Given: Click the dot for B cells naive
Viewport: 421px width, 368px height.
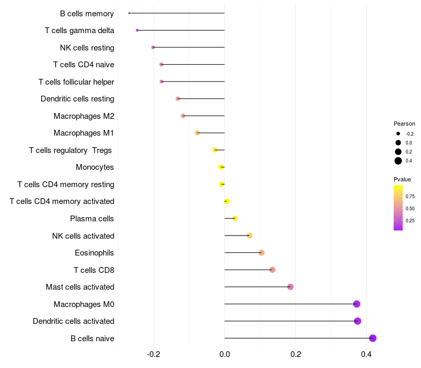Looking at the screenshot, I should tap(373, 338).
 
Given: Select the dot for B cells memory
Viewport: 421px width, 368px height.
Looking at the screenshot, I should tap(129, 13).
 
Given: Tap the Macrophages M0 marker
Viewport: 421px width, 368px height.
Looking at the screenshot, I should tap(357, 304).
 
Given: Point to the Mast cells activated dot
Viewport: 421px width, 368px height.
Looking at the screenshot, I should tap(290, 287).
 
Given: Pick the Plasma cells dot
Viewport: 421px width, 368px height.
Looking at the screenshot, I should tap(235, 219).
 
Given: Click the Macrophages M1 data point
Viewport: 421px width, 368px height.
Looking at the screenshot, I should tap(197, 133).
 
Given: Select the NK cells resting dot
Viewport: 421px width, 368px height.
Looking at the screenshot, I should tap(153, 47).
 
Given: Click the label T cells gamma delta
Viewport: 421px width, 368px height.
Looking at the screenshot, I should tap(79, 30).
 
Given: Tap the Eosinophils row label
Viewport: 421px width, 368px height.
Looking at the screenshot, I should tap(94, 253).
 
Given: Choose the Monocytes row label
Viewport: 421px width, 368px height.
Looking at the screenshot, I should tap(95, 167).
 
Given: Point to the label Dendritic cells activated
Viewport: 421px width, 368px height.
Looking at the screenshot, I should tap(73, 321).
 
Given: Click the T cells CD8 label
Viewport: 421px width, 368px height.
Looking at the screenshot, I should tap(94, 270).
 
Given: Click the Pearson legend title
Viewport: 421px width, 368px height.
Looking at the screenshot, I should tap(404, 124).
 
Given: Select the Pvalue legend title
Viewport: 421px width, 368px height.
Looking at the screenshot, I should tap(402, 179).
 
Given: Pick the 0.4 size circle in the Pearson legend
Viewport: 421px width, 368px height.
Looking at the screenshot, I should tap(398, 161).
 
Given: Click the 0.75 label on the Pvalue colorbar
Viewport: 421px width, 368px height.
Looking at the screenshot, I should tap(410, 197).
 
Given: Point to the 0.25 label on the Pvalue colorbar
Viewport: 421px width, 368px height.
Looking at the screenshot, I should tap(410, 220).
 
